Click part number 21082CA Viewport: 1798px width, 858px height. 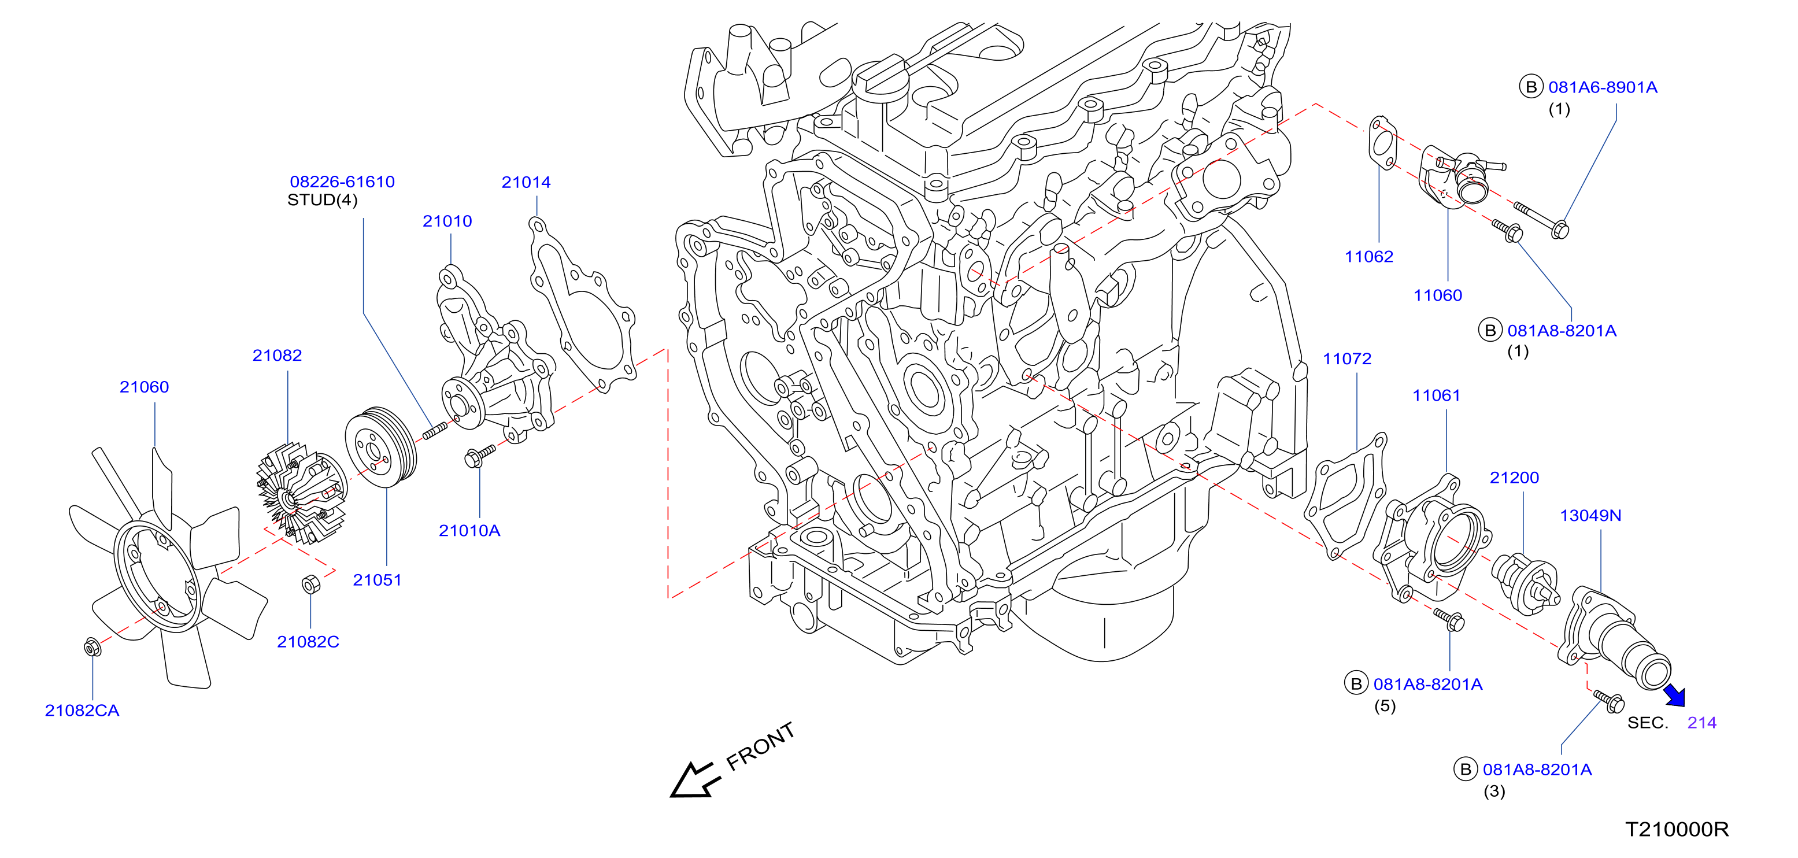82,711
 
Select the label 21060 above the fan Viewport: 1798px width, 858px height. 144,387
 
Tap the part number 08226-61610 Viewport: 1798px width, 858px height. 342,182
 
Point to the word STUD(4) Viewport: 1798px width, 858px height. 322,201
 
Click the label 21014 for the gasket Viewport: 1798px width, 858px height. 526,182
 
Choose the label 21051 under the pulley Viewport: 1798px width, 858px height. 377,580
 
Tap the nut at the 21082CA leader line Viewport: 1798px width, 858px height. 91,647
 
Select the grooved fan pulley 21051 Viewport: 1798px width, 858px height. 380,448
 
